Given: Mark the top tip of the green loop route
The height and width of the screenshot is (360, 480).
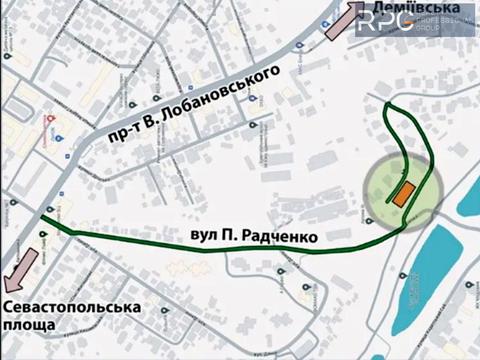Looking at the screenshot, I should pyautogui.click(x=389, y=104).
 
